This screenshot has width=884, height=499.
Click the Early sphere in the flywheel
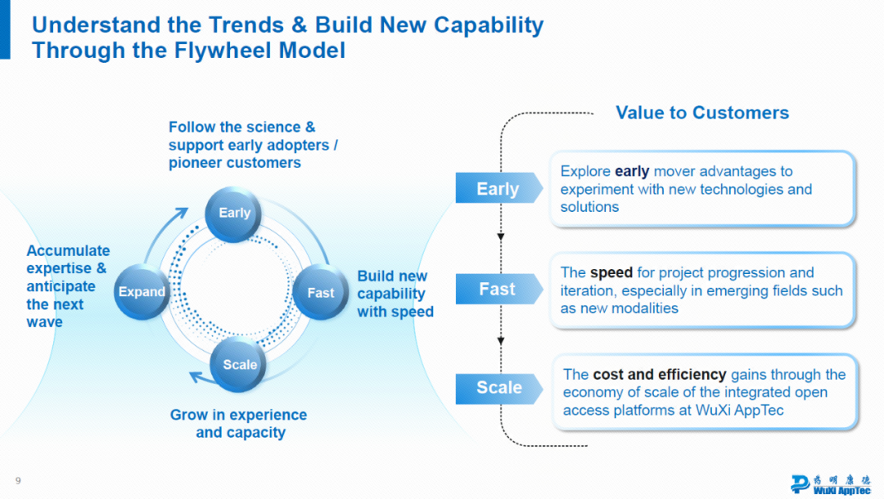(x=234, y=213)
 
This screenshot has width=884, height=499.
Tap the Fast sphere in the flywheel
(x=320, y=292)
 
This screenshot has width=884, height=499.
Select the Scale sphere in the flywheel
(x=240, y=365)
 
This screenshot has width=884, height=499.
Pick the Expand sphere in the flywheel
(x=142, y=291)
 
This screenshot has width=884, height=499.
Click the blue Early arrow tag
(x=498, y=189)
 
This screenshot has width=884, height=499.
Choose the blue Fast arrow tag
(x=498, y=290)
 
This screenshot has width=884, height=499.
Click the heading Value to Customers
(x=702, y=113)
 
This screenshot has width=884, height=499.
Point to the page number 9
(x=18, y=480)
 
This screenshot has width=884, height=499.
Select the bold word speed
(x=611, y=272)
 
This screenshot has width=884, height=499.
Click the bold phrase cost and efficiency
(x=659, y=375)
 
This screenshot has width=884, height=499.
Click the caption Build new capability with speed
(x=395, y=294)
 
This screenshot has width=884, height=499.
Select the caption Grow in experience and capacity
(x=239, y=424)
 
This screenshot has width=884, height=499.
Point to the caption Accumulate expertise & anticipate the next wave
(x=67, y=286)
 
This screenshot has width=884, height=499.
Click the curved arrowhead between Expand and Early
(x=183, y=213)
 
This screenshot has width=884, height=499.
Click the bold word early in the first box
(x=631, y=172)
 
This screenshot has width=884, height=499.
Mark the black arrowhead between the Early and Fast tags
(x=501, y=238)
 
